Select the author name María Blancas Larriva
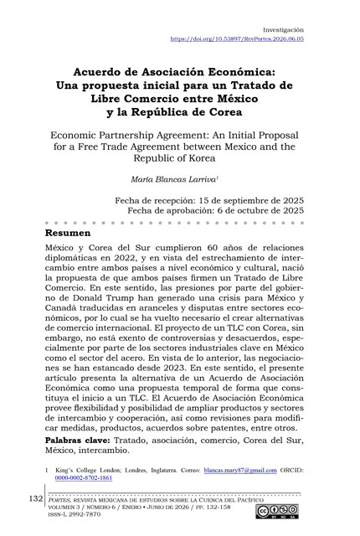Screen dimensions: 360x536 pyautogui.click(x=180, y=178)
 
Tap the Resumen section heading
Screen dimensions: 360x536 pyautogui.click(x=69, y=232)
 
